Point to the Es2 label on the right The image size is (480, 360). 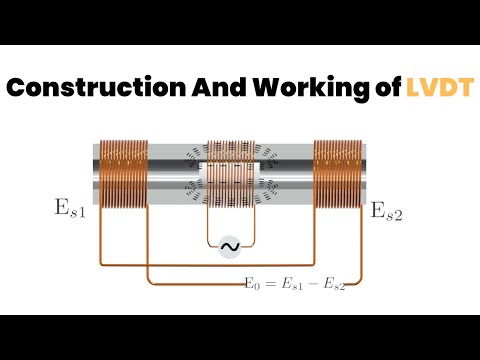(387, 211)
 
